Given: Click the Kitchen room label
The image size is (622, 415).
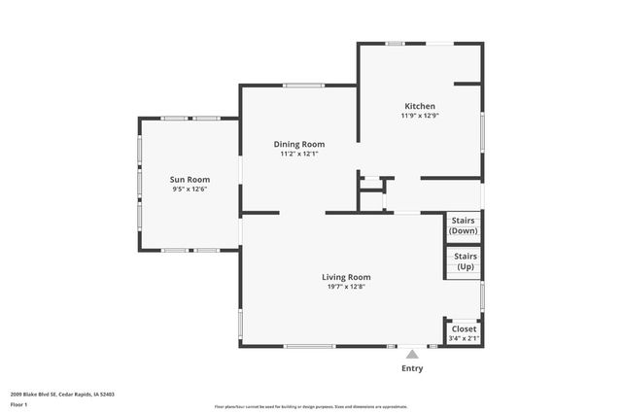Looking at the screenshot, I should [x=420, y=106].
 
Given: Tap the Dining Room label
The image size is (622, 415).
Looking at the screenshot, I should [x=298, y=144].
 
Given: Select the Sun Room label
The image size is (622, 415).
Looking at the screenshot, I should [x=190, y=179].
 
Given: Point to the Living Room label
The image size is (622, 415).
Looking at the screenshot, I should [x=346, y=277].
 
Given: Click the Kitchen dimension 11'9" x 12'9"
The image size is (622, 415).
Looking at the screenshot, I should [x=420, y=116].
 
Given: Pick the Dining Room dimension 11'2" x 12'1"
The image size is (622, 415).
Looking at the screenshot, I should [x=298, y=154].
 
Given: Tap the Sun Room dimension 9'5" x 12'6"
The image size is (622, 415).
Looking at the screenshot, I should [x=190, y=189].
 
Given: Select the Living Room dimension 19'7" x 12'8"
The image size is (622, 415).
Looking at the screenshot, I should [x=346, y=287].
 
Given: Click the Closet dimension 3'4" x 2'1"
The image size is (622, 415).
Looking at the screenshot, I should [x=464, y=338].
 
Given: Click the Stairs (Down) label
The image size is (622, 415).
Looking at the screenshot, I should [x=464, y=225].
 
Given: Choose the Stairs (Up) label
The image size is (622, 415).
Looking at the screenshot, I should [x=464, y=261].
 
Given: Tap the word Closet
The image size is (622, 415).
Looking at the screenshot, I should [x=464, y=329].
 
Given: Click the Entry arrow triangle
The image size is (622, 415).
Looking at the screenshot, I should [x=412, y=355].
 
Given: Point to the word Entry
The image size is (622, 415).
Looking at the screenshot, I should [x=412, y=369].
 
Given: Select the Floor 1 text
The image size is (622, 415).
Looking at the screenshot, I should [x=18, y=403].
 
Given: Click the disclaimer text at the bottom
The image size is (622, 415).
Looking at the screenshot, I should [x=310, y=406].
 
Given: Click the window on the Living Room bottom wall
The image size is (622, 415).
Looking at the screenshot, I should [x=311, y=346].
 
